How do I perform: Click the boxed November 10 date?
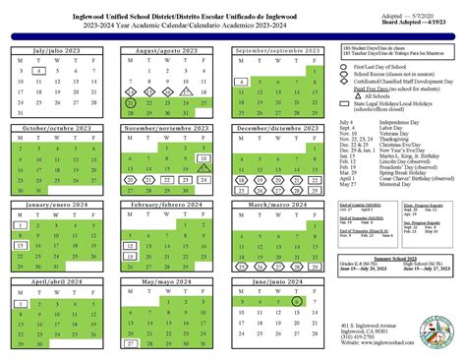(x=202, y=130)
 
